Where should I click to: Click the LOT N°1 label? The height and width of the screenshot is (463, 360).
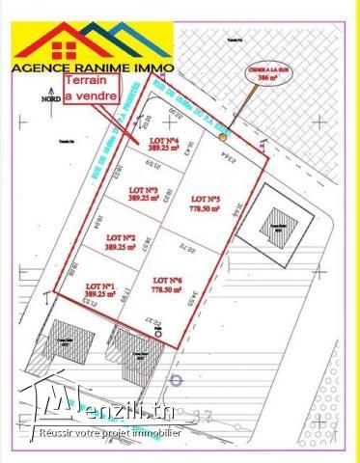[100, 286]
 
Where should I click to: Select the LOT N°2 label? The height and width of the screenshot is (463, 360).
[121, 236]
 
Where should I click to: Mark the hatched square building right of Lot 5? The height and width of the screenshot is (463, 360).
[275, 227]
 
